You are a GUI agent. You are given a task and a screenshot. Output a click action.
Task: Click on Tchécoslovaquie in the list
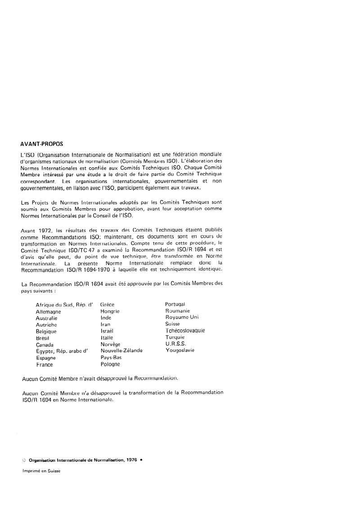[185, 331]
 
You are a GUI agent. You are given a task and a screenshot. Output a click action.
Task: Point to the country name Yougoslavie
[180, 350]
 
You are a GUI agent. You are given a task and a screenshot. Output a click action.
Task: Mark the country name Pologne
[111, 364]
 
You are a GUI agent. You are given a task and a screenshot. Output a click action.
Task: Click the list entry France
[45, 364]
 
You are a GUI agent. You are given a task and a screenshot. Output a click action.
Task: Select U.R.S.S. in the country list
[175, 344]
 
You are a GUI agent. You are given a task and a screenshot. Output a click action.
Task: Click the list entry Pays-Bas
[111, 357]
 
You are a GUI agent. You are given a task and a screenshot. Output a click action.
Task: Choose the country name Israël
[107, 331]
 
